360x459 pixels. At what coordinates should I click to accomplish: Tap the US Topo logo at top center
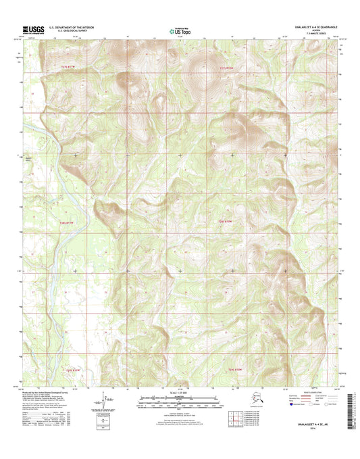point(180,30)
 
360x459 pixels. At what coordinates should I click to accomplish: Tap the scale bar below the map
point(180,404)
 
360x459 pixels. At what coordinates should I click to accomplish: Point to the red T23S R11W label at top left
point(61,69)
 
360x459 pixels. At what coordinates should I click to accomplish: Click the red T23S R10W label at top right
point(230,69)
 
